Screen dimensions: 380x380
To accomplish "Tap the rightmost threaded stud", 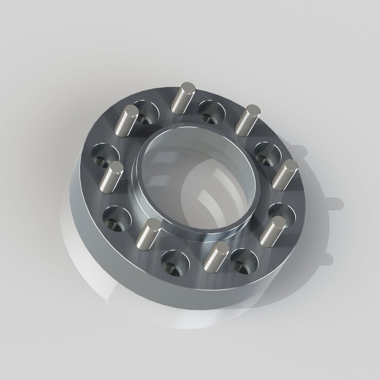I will pyautogui.click(x=285, y=175).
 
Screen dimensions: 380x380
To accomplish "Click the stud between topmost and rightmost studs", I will pyautogui.click(x=248, y=120).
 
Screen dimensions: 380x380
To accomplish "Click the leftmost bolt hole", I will pyautogui.click(x=105, y=155).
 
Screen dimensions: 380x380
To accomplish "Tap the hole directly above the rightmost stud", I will pyautogui.click(x=268, y=153).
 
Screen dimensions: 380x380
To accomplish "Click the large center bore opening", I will pyautogui.click(x=197, y=183).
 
